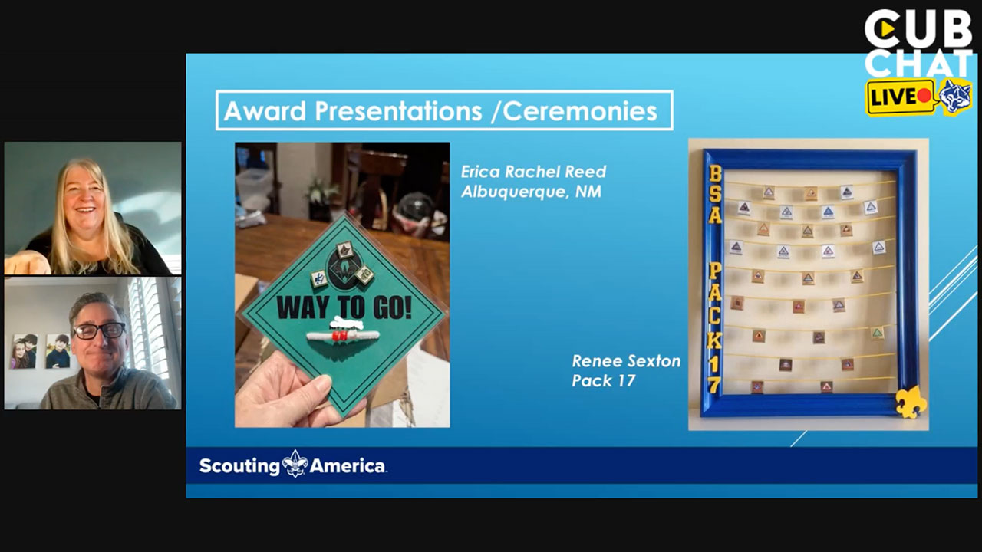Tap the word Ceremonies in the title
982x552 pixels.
point(580,111)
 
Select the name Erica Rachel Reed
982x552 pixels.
point(533,172)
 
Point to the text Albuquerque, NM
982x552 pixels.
point(531,192)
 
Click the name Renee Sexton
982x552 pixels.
point(626,361)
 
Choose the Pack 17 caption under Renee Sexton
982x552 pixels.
point(603,380)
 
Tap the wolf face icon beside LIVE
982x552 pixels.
point(955,96)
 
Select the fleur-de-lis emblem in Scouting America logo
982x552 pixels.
point(295,464)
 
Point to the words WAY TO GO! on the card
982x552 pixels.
point(344,306)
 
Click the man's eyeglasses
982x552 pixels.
point(99,330)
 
